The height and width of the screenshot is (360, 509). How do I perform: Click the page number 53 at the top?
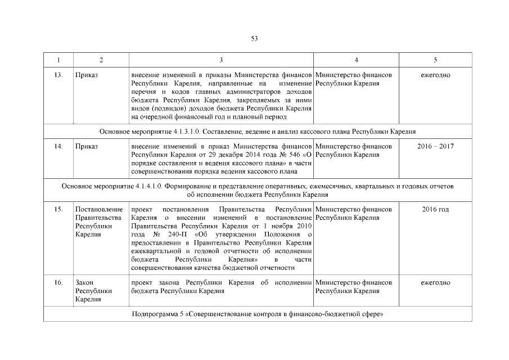(x=254, y=38)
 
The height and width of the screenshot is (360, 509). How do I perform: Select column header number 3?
(x=221, y=60)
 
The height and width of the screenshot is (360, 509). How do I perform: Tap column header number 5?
(x=435, y=60)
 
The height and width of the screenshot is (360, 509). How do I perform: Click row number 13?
(x=58, y=75)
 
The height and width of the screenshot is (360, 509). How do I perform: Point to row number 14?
(x=58, y=146)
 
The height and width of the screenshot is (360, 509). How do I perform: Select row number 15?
(x=58, y=209)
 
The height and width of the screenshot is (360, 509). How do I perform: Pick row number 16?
(x=58, y=282)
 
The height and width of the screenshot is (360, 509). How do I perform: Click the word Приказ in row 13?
(x=86, y=75)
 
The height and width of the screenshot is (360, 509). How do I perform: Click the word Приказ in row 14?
(x=86, y=146)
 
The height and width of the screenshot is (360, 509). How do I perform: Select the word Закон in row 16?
(x=84, y=282)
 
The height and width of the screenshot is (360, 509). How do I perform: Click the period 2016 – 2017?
(x=435, y=146)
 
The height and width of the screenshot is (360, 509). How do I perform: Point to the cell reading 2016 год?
(x=435, y=209)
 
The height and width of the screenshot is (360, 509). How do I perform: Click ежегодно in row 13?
(x=435, y=75)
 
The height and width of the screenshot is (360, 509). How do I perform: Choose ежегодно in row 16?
(x=435, y=282)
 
